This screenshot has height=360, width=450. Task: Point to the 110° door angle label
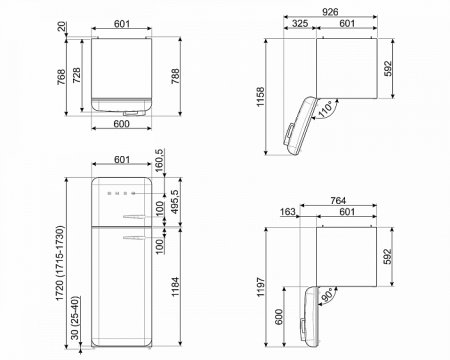point(328,111)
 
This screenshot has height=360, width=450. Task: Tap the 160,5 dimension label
point(159,159)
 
